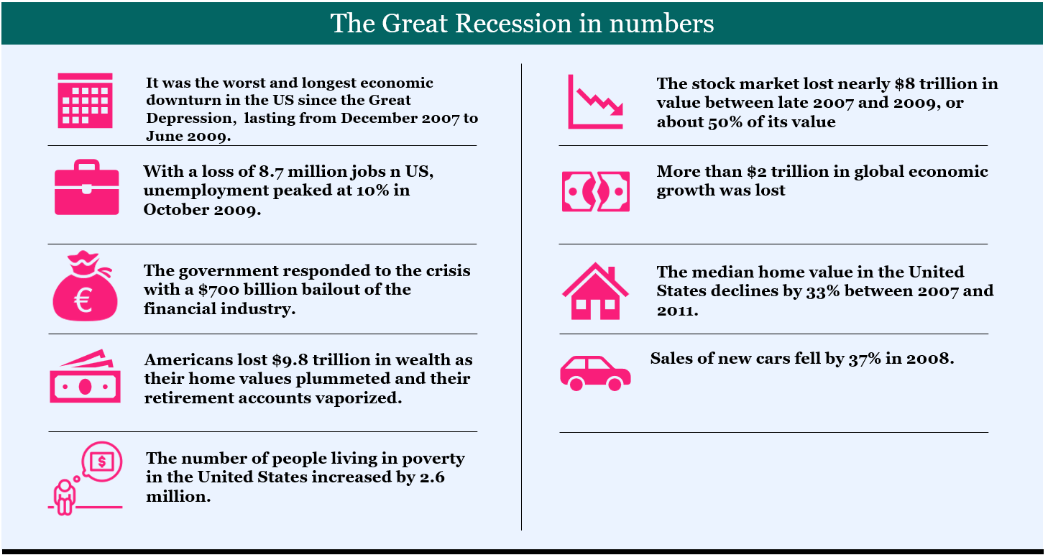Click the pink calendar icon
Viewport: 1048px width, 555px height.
tap(85, 101)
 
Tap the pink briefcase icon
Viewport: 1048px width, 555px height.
tap(86, 187)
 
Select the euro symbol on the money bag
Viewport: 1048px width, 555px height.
tap(84, 300)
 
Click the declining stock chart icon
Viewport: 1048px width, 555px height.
tap(596, 101)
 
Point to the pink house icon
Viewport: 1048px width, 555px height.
tap(595, 291)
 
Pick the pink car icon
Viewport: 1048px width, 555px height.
tap(595, 373)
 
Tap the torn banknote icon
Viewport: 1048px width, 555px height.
tap(596, 191)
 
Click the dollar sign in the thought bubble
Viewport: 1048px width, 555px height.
tap(101, 462)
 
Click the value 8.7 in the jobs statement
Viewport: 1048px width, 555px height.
tap(271, 172)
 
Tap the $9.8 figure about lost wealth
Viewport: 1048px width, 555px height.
tap(290, 360)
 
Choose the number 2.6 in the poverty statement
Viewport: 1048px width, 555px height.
tap(432, 477)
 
